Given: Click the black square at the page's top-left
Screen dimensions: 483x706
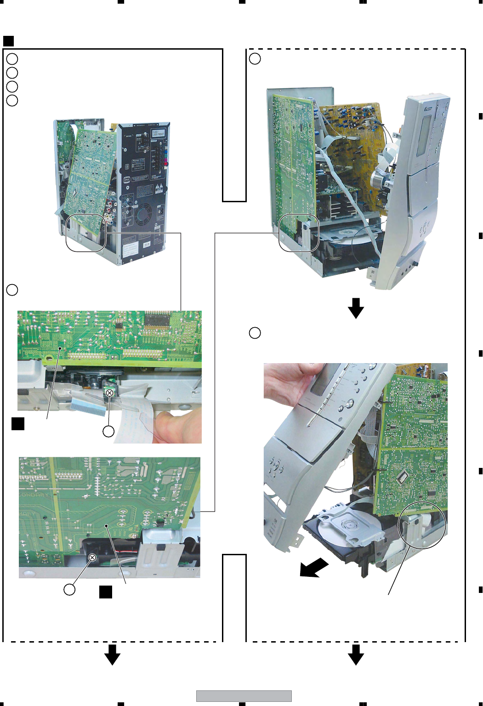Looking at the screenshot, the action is [x=8, y=41].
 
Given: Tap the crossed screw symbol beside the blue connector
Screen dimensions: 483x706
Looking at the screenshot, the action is [x=109, y=393].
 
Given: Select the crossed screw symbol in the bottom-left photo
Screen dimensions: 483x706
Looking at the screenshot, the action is [x=92, y=558].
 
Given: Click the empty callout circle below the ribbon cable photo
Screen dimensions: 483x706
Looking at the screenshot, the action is [x=108, y=431].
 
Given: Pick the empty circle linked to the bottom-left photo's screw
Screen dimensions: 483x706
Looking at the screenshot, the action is [x=69, y=590].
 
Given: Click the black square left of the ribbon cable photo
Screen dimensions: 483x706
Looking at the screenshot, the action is [x=18, y=423].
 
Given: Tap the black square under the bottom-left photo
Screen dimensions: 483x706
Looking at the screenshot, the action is [x=106, y=592].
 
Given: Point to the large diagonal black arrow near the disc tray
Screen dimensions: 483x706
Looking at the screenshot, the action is [x=314, y=568].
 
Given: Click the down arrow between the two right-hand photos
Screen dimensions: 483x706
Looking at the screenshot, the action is [x=356, y=308].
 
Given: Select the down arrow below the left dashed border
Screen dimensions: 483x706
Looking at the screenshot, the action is [x=112, y=655].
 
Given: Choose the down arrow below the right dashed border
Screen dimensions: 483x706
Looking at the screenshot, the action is [x=356, y=655].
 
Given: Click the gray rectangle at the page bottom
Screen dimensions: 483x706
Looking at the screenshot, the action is [x=244, y=696].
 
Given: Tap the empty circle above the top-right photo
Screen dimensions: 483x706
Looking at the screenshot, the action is [x=255, y=59].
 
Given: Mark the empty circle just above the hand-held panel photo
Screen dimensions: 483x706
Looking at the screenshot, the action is [x=255, y=333].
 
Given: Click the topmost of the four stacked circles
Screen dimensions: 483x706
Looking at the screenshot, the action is [x=12, y=59].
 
